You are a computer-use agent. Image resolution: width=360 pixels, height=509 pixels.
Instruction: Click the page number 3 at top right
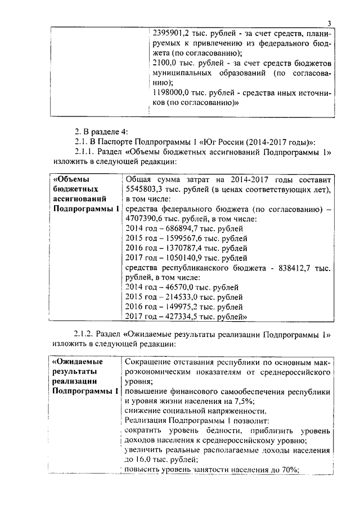329,22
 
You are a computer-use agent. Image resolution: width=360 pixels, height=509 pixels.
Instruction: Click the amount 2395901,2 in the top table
172,33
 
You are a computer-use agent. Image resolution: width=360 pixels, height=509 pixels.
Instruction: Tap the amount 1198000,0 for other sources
174,93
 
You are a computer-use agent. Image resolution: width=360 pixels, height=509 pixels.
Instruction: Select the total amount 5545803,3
144,189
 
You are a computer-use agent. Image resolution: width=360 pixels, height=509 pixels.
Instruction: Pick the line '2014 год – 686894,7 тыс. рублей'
183,229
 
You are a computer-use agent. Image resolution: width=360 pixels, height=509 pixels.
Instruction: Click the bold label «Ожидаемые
76,361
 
